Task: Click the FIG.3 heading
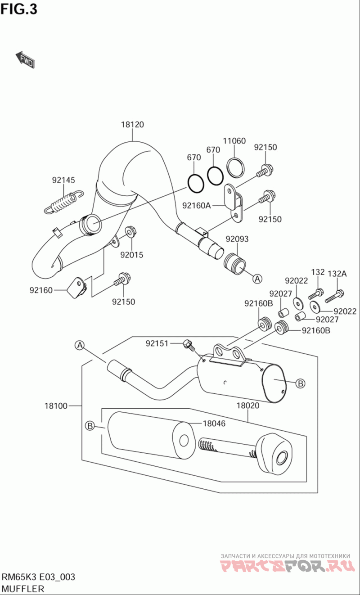(x=19, y=9)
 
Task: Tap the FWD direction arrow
(x=25, y=60)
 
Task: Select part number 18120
(x=132, y=125)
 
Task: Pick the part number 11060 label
(x=235, y=141)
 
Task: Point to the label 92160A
(x=196, y=206)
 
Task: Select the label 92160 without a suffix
(x=42, y=290)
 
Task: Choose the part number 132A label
(x=337, y=273)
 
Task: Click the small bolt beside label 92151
(x=189, y=346)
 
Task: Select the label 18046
(x=214, y=424)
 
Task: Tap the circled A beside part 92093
(x=257, y=279)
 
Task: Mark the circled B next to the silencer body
(x=301, y=383)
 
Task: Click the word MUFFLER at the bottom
(x=23, y=588)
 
